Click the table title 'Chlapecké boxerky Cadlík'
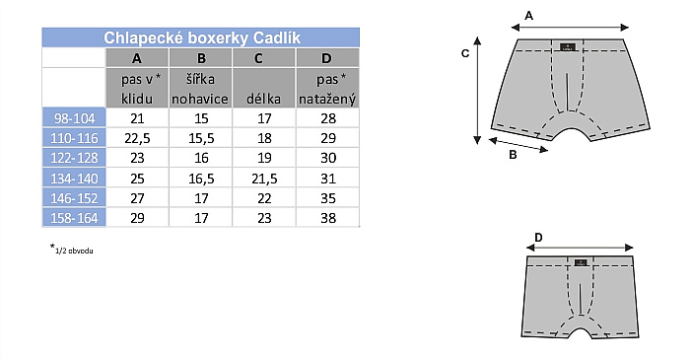pos(202,37)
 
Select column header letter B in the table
pos(201,58)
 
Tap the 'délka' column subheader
pos(263,99)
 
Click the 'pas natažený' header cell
pos(327,89)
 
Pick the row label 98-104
pos(75,118)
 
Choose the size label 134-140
pos(75,179)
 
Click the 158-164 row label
pos(75,218)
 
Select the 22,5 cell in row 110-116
pos(137,138)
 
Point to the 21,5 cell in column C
pos(264,179)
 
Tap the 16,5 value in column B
pos(201,179)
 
